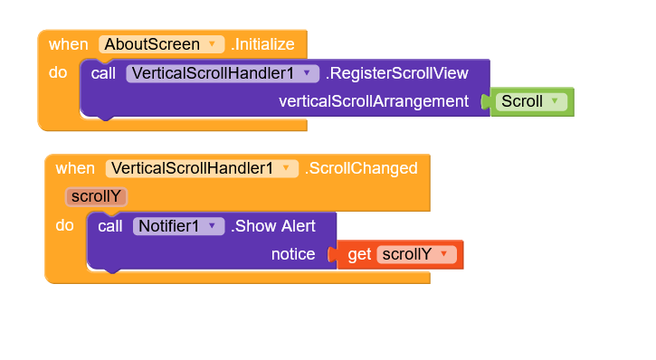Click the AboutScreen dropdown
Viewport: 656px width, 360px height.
pyautogui.click(x=160, y=43)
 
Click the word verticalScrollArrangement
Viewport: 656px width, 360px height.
pyautogui.click(x=373, y=101)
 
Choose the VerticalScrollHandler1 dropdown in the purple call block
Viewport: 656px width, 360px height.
pyautogui.click(x=223, y=73)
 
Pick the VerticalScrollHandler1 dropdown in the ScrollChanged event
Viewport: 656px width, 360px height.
pyautogui.click(x=201, y=168)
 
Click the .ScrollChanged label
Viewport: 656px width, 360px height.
pyautogui.click(x=362, y=168)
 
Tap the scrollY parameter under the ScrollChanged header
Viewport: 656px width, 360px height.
pyautogui.click(x=96, y=196)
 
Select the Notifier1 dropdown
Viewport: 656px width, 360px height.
pyautogui.click(x=178, y=226)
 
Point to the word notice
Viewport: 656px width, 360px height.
pyautogui.click(x=293, y=254)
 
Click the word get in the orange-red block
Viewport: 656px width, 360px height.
pyautogui.click(x=359, y=254)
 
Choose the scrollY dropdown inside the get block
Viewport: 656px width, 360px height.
pyautogui.click(x=415, y=254)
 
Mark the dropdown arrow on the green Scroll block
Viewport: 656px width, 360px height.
pyautogui.click(x=555, y=102)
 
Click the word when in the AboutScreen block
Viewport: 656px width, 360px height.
pyautogui.click(x=69, y=43)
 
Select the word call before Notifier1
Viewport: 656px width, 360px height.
pyautogui.click(x=110, y=226)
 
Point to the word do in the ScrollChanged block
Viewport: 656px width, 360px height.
pyautogui.click(x=64, y=226)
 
